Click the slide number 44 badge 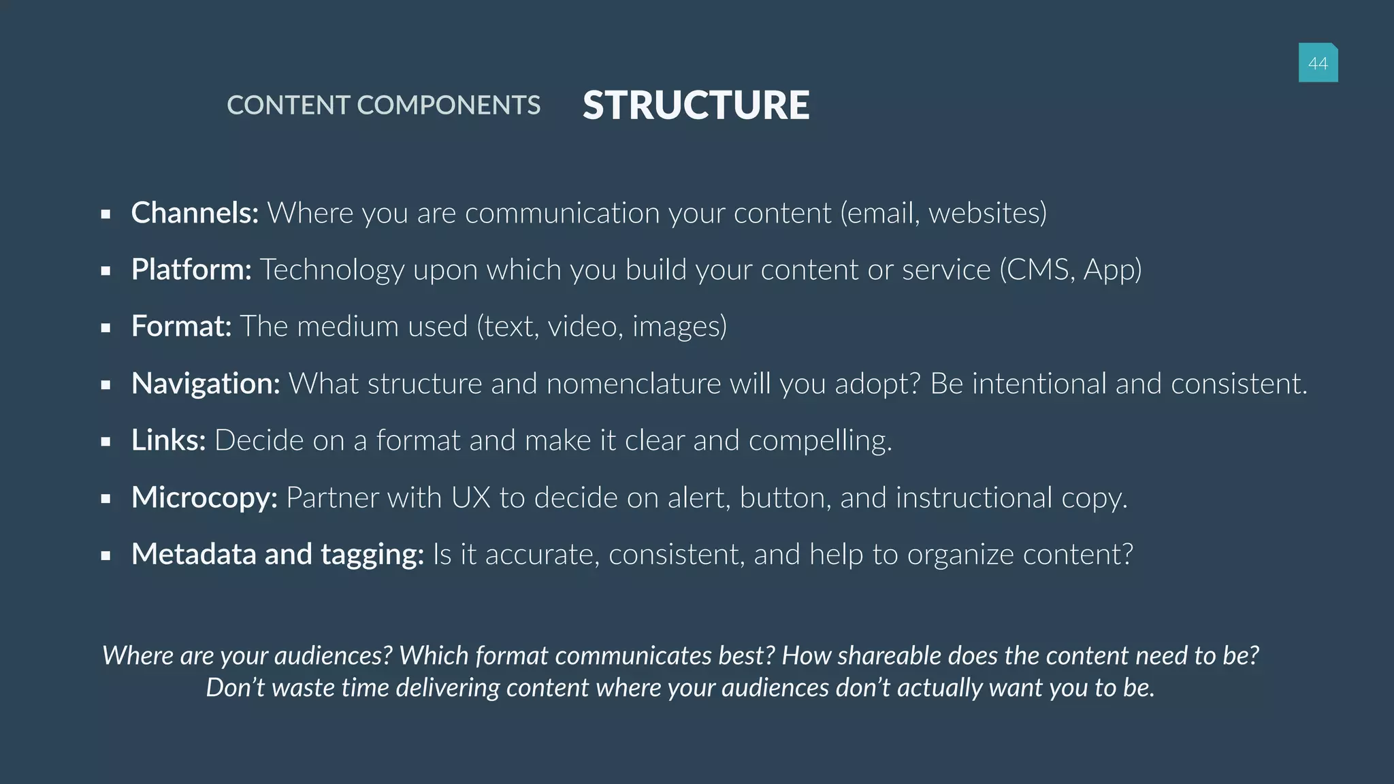tap(1318, 63)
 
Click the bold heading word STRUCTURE tap(696, 105)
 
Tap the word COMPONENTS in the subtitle tap(448, 105)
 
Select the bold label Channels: tap(195, 213)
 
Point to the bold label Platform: tap(191, 269)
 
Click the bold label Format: tap(181, 327)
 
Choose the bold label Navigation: tap(206, 384)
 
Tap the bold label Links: tap(168, 440)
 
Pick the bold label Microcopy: tap(204, 497)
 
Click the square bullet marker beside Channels tap(106, 214)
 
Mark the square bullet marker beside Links tap(106, 442)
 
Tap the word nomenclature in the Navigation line tap(633, 384)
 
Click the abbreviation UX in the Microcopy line tap(470, 497)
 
